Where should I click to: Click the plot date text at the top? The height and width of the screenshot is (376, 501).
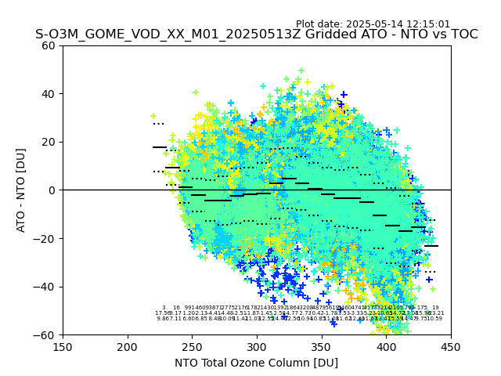[x=373, y=24]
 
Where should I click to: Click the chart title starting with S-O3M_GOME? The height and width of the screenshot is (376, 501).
[x=256, y=34]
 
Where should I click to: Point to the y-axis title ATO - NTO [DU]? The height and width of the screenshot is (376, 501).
[x=21, y=190]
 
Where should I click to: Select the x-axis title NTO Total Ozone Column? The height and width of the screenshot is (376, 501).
[x=256, y=363]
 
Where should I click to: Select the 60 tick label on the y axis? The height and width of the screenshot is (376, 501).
[x=49, y=45]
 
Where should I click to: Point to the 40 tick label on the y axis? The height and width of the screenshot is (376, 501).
[x=49, y=94]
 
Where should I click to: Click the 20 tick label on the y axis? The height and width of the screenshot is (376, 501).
[x=49, y=142]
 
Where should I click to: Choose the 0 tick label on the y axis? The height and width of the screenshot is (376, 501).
[x=52, y=190]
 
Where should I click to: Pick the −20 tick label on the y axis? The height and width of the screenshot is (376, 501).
[x=45, y=238]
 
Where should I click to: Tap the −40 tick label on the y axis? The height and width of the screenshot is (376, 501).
[x=45, y=287]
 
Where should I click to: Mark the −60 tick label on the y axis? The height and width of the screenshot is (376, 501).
[x=45, y=334]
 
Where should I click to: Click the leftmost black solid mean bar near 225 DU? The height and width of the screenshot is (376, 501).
[x=160, y=147]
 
